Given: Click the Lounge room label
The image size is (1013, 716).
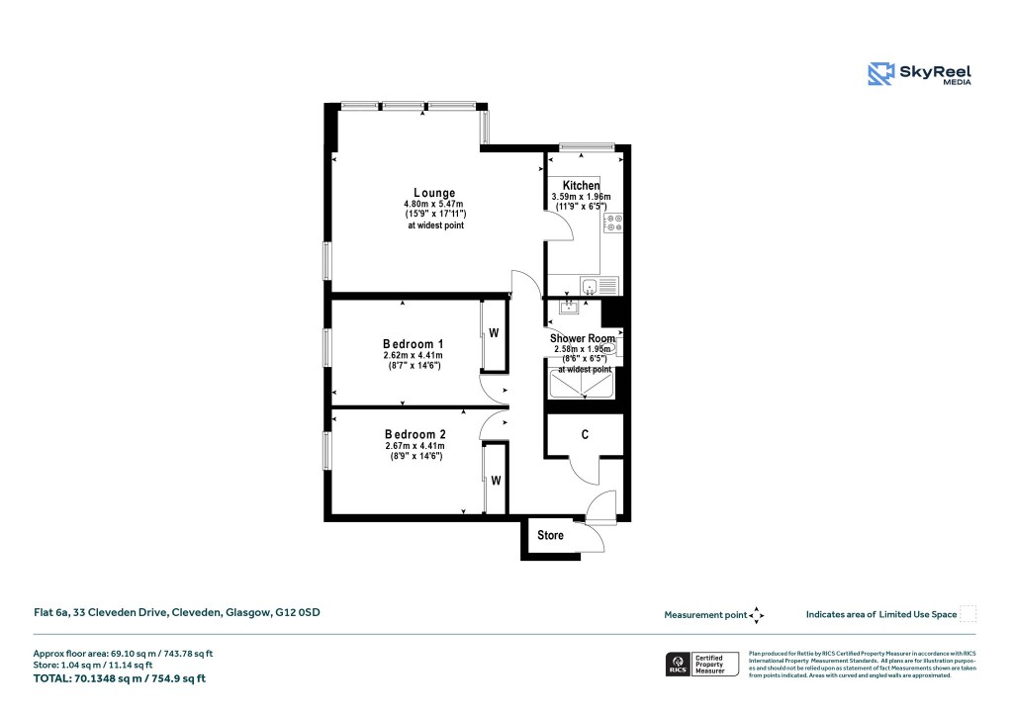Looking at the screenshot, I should [x=434, y=193].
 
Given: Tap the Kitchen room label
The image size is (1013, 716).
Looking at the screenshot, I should [x=581, y=186].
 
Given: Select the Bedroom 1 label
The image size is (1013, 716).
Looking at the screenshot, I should [x=413, y=344].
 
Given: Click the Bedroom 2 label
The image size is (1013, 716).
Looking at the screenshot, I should [x=415, y=434].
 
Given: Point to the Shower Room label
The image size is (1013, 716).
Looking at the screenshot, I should [x=582, y=338].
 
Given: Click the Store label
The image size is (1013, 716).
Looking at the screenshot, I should [x=550, y=535].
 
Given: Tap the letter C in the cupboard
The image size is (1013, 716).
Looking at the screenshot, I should [x=586, y=434].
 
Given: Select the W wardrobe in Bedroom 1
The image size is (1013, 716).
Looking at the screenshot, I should [x=493, y=333].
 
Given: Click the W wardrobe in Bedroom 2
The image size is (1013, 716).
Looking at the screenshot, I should [x=497, y=481].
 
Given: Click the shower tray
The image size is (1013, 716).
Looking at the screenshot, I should [x=583, y=382].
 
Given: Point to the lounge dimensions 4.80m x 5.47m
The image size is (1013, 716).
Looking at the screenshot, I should [x=434, y=205].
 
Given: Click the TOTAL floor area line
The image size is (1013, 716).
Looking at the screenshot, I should [x=120, y=678].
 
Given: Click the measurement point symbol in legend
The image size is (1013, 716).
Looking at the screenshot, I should [x=757, y=614].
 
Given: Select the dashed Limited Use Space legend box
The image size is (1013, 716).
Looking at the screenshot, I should [x=968, y=614].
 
